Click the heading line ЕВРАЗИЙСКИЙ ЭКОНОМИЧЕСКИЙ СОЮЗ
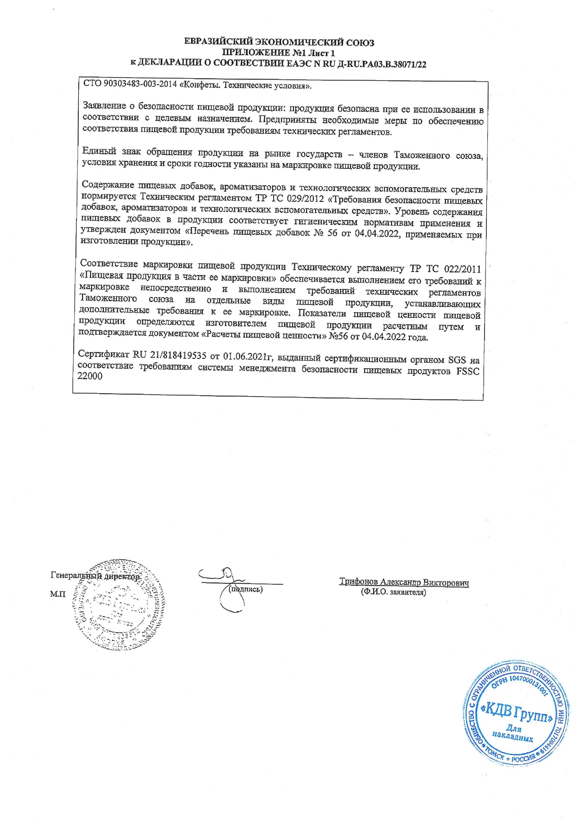[x=279, y=43]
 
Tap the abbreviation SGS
[x=456, y=360]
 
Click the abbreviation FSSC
[x=468, y=372]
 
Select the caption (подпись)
[x=245, y=589]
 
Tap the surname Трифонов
[x=359, y=582]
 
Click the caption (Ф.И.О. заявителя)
[x=393, y=592]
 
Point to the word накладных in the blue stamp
[x=512, y=737]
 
